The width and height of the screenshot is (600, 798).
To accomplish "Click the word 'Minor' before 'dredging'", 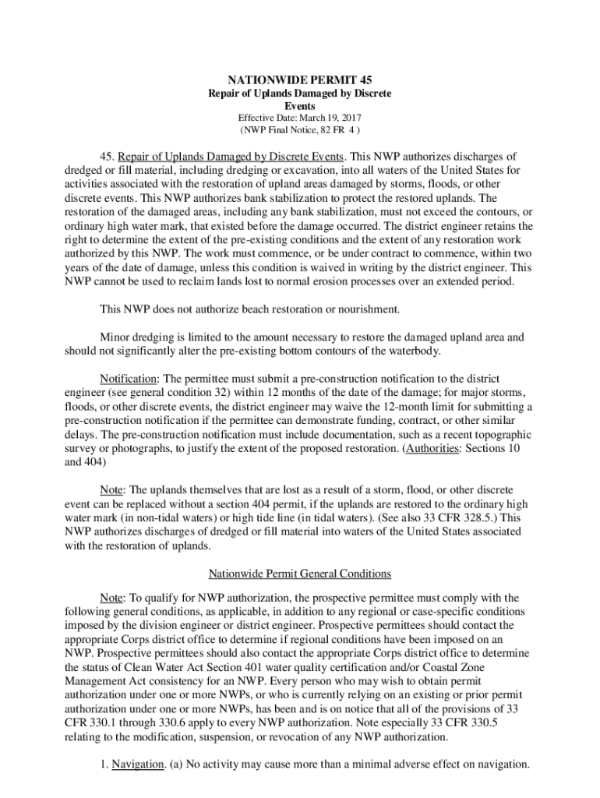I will tap(114, 337).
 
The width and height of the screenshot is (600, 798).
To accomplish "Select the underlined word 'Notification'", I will tap(127, 380).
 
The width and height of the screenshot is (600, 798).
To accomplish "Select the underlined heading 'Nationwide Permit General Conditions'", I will tap(300, 574).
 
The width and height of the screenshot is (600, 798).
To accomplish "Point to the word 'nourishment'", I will tap(367, 309).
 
